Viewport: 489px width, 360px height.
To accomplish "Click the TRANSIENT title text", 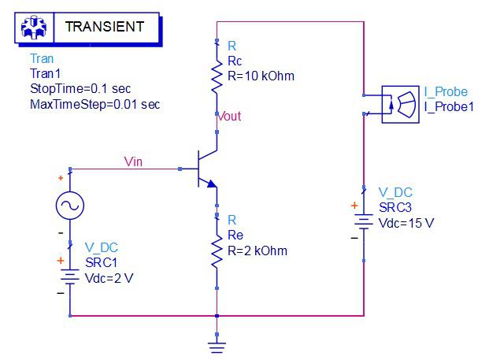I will click(105, 26).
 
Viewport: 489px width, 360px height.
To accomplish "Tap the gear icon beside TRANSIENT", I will click(33, 27).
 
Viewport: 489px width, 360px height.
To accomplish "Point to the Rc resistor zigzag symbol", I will click(217, 76).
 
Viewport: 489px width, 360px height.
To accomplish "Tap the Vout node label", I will click(231, 117).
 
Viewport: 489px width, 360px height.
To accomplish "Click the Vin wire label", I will click(135, 161).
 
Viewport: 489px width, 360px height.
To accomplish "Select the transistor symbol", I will click(204, 168).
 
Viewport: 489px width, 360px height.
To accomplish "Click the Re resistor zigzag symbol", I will click(217, 251).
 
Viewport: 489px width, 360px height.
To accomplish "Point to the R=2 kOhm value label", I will click(257, 251).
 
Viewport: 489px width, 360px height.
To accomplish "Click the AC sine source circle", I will click(70, 206).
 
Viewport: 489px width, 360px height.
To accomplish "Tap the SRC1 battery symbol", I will click(70, 276).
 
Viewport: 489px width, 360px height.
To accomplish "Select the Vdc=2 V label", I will click(109, 277).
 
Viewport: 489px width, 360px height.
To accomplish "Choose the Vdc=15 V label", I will click(406, 223).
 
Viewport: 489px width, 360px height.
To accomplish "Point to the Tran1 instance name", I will click(44, 74).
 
